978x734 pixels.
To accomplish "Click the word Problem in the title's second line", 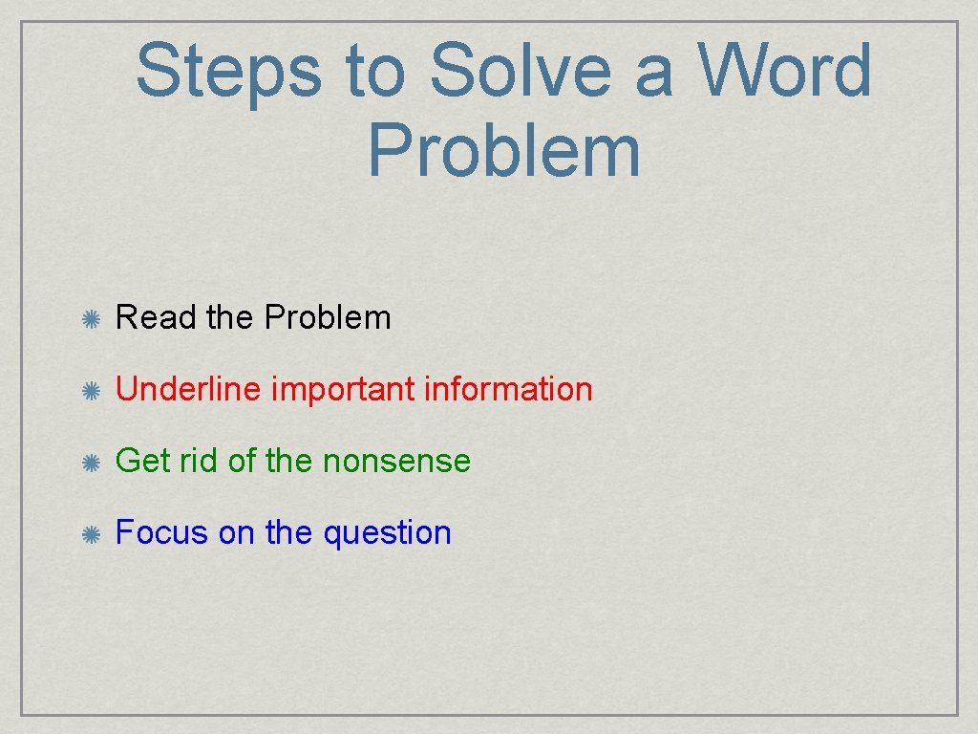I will point(503,151).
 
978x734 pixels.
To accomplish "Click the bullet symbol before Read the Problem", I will point(92,319).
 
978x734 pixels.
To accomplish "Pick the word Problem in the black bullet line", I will point(328,317).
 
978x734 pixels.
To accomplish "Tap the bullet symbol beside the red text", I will point(92,391).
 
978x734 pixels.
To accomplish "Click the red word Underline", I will point(187,389).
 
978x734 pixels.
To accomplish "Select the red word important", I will point(343,390).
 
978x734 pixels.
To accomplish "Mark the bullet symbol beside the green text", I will point(92,463).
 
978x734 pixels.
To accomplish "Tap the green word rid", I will point(199,461).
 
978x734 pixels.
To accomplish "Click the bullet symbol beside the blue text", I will point(92,534).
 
